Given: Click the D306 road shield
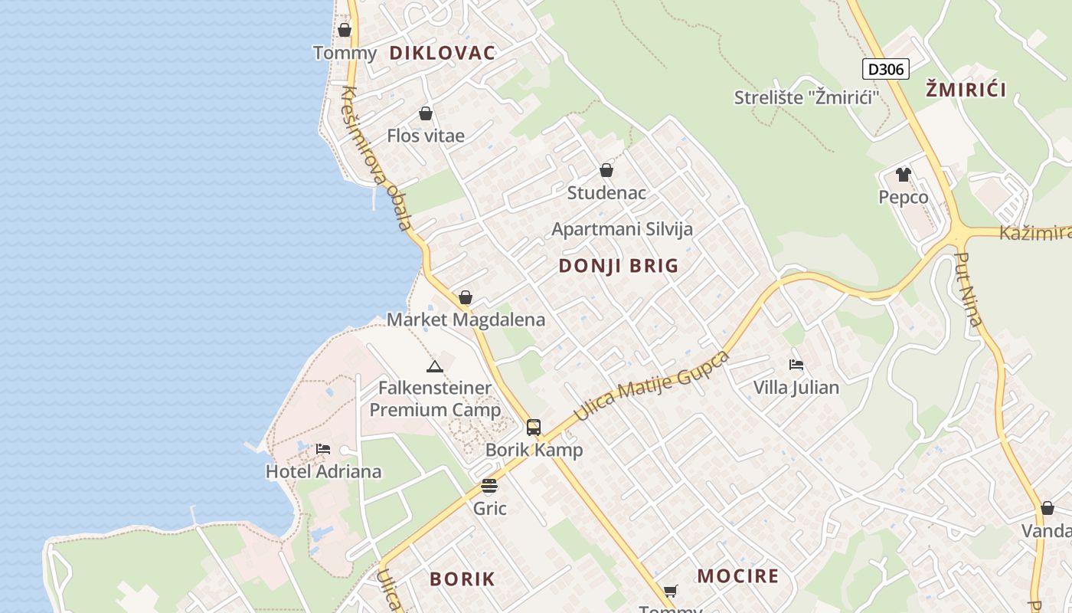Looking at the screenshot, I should click(887, 69).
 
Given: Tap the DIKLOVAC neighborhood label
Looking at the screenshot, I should click(442, 53).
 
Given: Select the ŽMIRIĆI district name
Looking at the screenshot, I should click(966, 89).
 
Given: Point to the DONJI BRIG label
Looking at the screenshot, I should click(619, 266).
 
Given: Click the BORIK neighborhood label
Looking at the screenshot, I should click(462, 579).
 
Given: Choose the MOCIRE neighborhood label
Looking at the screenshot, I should click(738, 576).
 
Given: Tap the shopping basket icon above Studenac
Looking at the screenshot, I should click(606, 170).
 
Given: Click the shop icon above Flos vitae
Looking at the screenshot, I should click(426, 114).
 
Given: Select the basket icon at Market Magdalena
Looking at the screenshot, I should click(466, 297).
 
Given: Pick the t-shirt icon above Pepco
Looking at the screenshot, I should click(904, 175).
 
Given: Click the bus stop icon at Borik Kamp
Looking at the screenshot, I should click(534, 428).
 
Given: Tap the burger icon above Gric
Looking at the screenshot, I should click(489, 486).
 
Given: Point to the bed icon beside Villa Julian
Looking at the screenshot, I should click(796, 365).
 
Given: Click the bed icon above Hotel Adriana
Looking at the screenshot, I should click(323, 449).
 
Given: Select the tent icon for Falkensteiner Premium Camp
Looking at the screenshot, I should click(435, 366).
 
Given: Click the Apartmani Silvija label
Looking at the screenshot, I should click(622, 229).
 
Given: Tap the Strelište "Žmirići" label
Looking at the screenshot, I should click(806, 97).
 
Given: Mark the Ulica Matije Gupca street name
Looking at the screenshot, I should click(650, 386).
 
